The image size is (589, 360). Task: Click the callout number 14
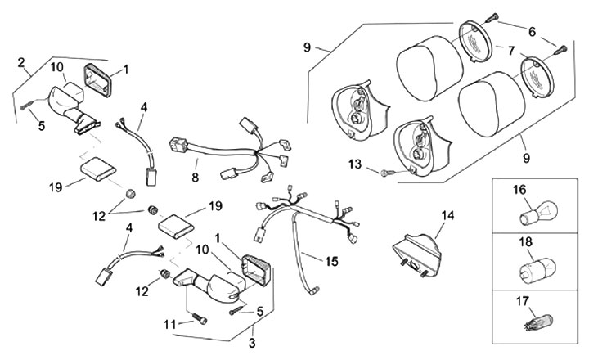(447, 217)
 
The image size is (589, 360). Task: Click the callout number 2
(20, 62)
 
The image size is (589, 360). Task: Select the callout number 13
(354, 164)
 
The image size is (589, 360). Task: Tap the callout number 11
(169, 324)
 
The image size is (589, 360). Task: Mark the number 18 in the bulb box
(518, 244)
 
